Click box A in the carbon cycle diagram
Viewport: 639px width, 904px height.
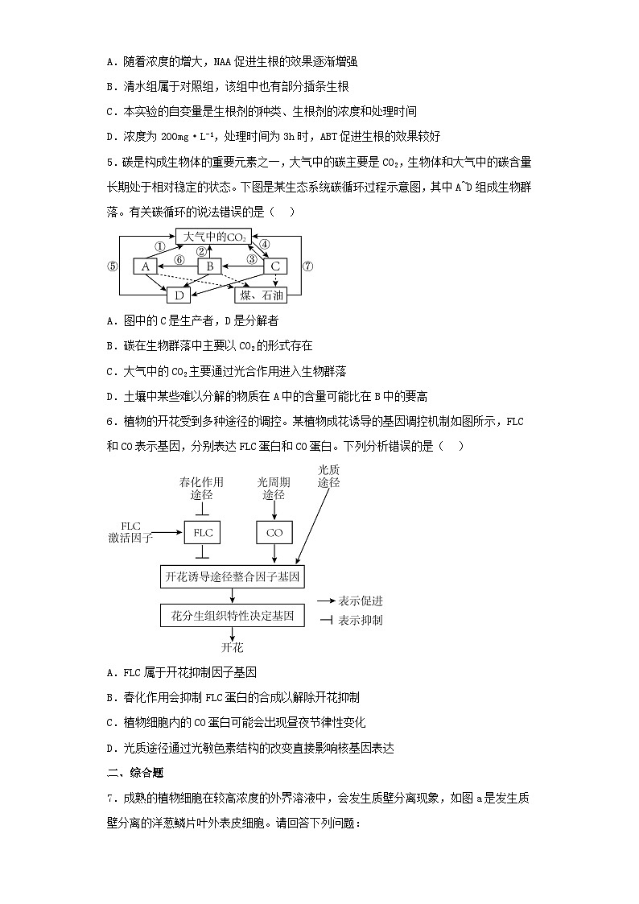pos(145,266)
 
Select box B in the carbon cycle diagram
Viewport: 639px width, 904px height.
pos(209,266)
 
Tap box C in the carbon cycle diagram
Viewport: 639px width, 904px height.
pos(275,266)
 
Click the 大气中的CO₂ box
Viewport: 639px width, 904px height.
pos(213,237)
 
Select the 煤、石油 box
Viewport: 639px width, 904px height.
pos(260,295)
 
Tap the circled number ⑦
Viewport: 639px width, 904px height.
pos(307,266)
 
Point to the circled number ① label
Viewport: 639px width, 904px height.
pos(160,247)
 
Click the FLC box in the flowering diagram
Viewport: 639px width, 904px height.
pos(202,533)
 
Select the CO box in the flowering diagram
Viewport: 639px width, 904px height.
pos(274,533)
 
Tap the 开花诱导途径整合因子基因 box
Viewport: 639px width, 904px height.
pos(233,577)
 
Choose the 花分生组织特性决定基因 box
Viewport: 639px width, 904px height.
pos(233,617)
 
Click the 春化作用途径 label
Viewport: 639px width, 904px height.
pos(201,489)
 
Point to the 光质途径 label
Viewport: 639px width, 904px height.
pos(328,476)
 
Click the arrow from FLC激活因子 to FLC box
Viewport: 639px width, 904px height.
pos(167,533)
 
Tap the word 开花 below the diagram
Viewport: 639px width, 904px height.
pos(232,647)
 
